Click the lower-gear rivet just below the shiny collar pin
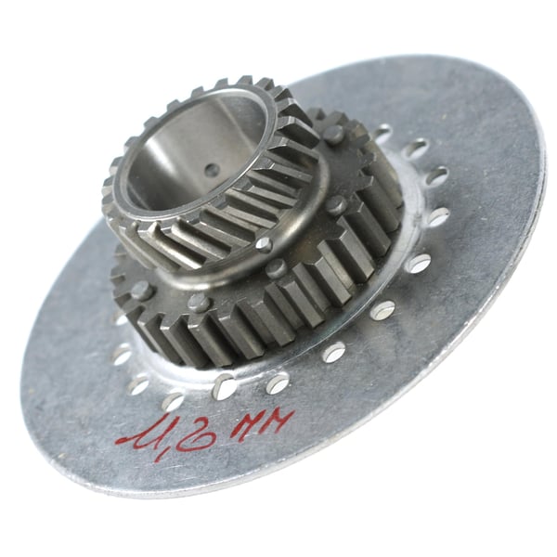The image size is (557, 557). [275, 268]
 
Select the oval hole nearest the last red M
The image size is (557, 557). [278, 382]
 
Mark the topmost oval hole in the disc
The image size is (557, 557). [381, 133]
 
